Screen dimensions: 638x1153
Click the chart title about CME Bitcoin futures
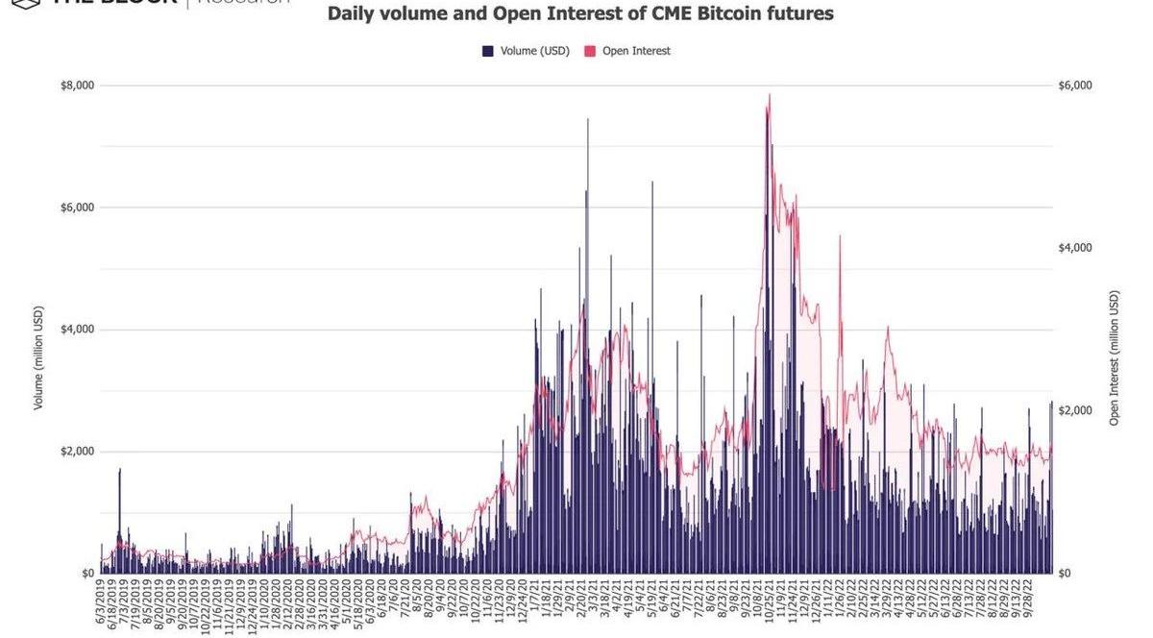click(580, 14)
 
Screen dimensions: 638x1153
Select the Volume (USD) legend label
click(535, 51)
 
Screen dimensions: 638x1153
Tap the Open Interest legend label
click(636, 51)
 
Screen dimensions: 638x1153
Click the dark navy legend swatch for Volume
click(488, 51)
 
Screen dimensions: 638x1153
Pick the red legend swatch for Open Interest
click(590, 51)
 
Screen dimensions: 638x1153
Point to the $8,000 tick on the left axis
click(77, 86)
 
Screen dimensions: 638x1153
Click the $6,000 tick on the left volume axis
click(77, 208)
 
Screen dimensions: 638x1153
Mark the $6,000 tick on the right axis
click(1075, 86)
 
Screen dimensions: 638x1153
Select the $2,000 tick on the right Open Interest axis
click(1075, 410)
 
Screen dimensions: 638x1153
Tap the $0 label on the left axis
click(86, 574)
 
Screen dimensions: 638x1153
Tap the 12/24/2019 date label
click(252, 604)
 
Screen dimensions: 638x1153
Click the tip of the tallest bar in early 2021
click(588, 120)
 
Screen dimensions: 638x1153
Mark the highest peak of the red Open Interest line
click(770, 95)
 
